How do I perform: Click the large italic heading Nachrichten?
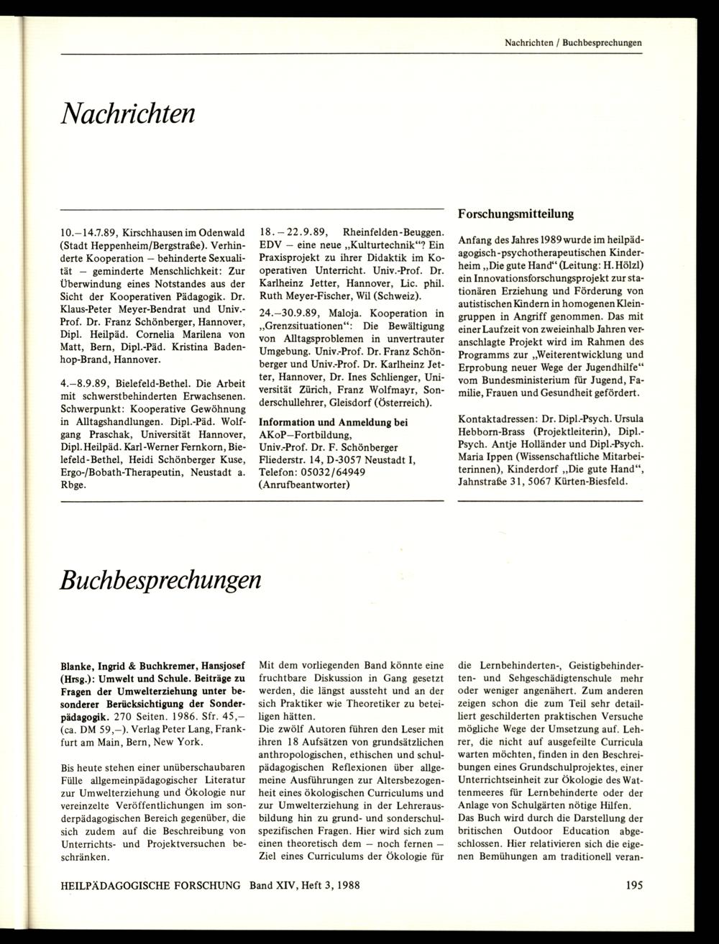[x=128, y=112]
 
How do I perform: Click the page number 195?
[x=633, y=905]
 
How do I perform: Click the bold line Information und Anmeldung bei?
[x=333, y=421]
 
